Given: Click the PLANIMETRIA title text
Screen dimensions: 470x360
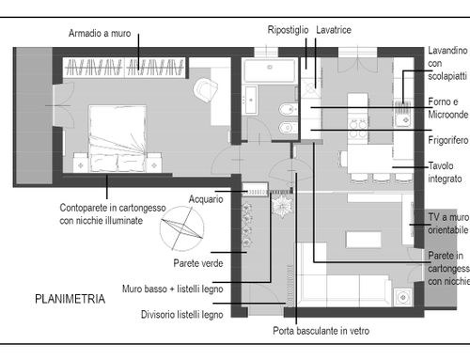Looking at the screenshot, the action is coord(70,299).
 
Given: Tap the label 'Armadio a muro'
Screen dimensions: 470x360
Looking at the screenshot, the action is coord(100,33).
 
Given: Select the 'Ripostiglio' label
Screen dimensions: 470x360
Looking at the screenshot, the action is coord(288,30).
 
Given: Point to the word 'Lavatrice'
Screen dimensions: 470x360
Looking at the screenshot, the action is coord(334,30).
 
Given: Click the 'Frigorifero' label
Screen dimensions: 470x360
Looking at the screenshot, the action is coord(448,140).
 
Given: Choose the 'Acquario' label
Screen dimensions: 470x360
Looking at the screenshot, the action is coord(206,199).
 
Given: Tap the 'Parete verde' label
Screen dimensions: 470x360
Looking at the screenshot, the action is coord(198,263).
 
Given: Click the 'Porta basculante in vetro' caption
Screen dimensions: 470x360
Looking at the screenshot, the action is coord(321,331).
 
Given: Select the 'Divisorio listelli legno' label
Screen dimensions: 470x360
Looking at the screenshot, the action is coord(182,315).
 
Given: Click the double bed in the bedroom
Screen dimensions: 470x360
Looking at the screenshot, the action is coord(117,138).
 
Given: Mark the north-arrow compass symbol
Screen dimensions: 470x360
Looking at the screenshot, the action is coord(181,228).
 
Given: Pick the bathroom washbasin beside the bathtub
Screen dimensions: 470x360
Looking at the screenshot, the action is coord(251,100).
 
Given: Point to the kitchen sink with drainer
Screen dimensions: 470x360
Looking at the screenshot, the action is coord(402,113).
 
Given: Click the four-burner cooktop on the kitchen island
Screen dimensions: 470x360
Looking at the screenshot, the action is coord(358,129).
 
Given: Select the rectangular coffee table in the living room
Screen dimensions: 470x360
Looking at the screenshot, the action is coord(364,240).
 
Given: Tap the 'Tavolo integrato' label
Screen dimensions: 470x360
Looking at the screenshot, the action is coord(445,172).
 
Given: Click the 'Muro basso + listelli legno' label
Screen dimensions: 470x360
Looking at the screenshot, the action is coord(173,289).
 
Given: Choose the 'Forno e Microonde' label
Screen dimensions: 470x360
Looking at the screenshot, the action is coord(448,108).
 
